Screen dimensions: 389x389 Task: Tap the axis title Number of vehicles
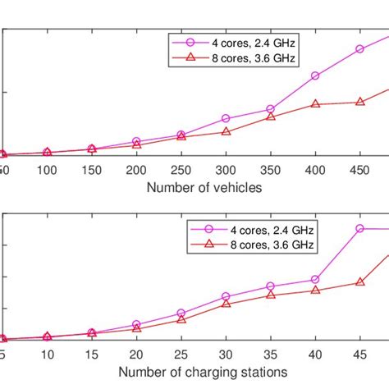pos(204,187)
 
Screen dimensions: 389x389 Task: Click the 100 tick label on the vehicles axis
pos(48,170)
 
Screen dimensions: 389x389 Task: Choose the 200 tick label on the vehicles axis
pos(137,170)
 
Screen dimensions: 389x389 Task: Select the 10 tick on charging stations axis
pos(48,354)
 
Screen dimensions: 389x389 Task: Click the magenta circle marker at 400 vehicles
pos(315,76)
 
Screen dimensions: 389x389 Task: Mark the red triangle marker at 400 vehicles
pos(315,103)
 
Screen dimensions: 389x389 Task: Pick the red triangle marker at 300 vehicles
pos(227,131)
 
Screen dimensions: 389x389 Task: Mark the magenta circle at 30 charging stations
pos(227,296)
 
